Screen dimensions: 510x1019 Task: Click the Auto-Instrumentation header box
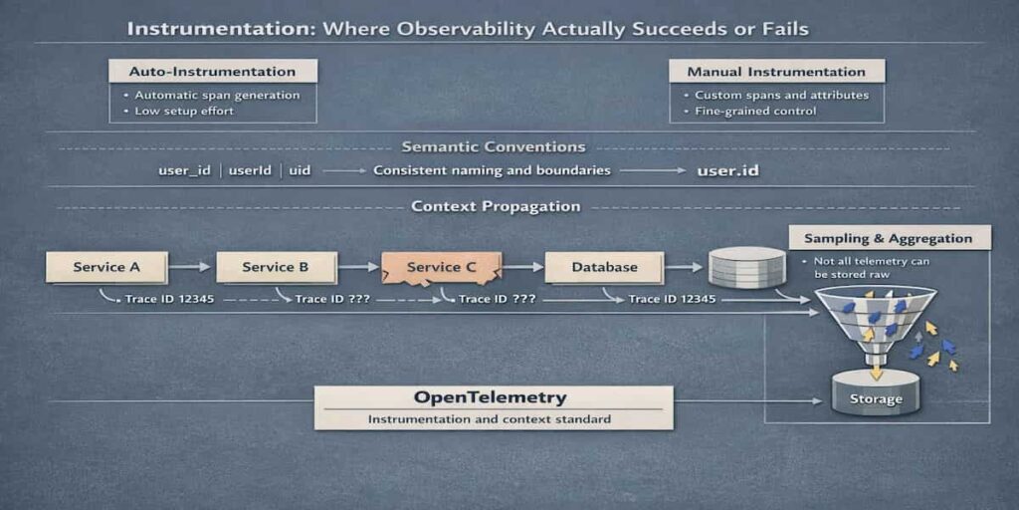point(212,72)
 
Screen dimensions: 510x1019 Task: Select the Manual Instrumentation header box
point(775,72)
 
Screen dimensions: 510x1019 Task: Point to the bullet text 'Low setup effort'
point(184,111)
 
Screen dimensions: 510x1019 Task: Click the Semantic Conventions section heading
point(493,147)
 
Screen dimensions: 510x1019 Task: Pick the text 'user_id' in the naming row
point(184,170)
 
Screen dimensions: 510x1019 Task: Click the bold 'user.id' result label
point(727,170)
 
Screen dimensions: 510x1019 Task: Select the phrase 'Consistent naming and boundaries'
point(492,170)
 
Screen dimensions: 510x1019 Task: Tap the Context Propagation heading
point(495,207)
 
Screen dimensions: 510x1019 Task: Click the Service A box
point(106,267)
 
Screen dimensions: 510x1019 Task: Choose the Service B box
point(275,267)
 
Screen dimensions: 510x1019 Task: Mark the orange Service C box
point(441,267)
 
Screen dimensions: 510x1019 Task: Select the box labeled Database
point(604,267)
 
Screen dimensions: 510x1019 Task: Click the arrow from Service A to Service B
point(190,267)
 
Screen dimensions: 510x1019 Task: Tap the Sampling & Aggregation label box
point(889,239)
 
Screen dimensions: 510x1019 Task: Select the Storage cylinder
point(876,394)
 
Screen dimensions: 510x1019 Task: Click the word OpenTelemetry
point(490,397)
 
